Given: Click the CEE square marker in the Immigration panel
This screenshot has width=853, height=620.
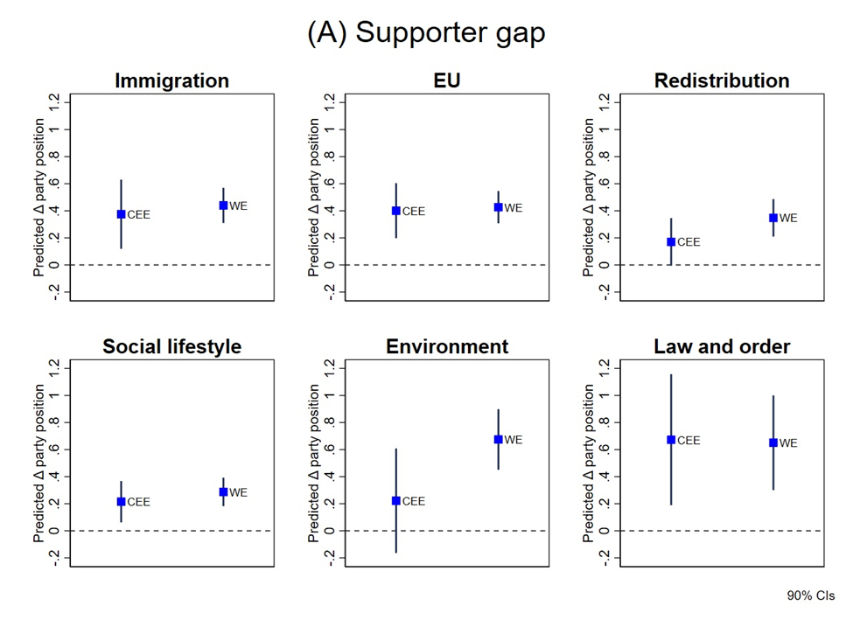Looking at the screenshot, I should [x=122, y=214].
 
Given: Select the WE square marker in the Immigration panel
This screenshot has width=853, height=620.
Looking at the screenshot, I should [x=223, y=206].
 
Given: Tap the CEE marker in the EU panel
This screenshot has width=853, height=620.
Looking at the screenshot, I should [x=396, y=211].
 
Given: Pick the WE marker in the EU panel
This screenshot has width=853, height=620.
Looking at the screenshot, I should [x=498, y=207].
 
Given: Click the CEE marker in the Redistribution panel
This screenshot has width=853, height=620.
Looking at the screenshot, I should [x=671, y=242].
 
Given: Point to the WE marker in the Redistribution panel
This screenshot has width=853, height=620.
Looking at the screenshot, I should [x=773, y=218].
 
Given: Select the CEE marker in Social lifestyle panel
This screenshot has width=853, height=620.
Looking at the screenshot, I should [x=122, y=502].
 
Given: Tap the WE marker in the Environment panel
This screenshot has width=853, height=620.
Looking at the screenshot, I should [x=498, y=440].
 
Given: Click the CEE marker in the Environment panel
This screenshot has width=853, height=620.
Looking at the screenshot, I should [x=396, y=501].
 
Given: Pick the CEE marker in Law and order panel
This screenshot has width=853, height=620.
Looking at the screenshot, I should [x=671, y=440].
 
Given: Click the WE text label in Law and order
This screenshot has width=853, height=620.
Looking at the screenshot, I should [x=788, y=443].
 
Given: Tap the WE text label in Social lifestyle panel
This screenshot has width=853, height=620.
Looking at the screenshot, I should [x=238, y=492].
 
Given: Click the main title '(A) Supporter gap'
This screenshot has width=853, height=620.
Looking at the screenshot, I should [x=426, y=32].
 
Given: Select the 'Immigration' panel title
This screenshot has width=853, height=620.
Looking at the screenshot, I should [x=171, y=81].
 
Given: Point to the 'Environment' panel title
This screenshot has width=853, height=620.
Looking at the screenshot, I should [x=447, y=347].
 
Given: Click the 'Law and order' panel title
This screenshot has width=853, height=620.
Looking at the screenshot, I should [x=722, y=347].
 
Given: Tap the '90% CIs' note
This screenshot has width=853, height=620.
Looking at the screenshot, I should [x=811, y=596].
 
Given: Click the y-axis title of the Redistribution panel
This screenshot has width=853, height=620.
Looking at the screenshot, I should [x=589, y=199].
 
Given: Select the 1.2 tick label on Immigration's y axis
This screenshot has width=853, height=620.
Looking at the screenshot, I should [x=54, y=103].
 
